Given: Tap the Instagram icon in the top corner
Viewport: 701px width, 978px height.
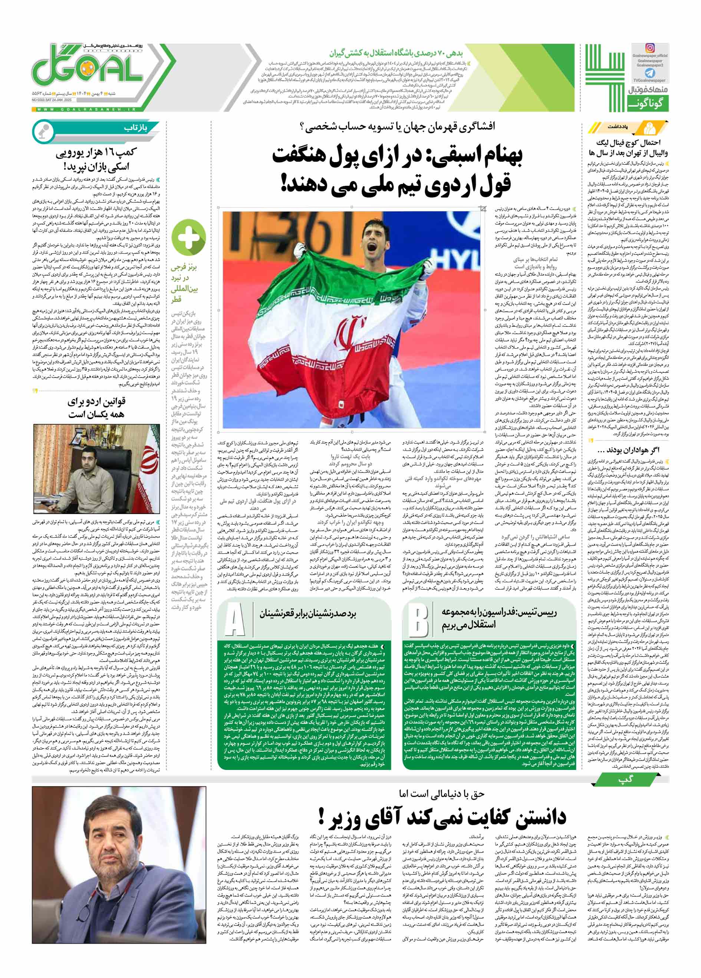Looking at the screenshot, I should pyautogui.click(x=649, y=48).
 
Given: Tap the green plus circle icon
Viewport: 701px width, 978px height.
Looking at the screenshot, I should pyautogui.click(x=188, y=238).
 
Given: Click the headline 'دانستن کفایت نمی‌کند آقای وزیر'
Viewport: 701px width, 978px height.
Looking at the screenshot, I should pyautogui.click(x=441, y=817).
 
